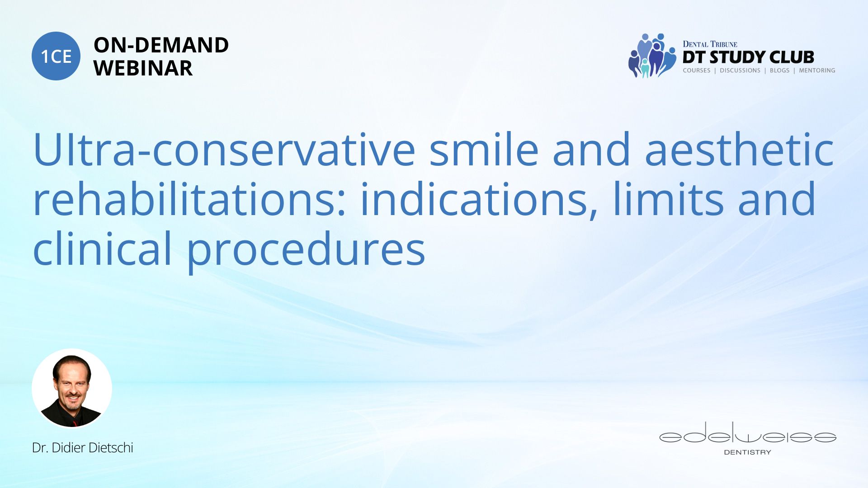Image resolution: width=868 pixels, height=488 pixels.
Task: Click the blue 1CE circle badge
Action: pos(56,56)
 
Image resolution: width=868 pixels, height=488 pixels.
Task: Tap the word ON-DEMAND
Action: pos(161,45)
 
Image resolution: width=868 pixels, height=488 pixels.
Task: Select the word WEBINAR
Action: pos(143,68)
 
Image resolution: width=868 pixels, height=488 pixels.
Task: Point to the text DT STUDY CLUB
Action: pos(748,57)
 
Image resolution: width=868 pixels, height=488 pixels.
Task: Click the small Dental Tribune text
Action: pos(710,44)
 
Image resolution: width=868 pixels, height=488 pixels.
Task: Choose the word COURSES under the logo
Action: pos(697,70)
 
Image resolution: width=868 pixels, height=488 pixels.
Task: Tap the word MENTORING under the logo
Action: pos(817,70)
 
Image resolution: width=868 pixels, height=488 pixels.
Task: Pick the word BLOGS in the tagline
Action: pos(779,70)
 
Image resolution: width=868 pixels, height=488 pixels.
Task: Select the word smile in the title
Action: pos(484,150)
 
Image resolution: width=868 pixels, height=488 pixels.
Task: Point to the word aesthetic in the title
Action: pos(739,150)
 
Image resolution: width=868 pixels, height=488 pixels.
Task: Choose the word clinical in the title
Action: pos(103,248)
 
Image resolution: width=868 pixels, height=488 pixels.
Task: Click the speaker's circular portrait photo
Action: pos(72,388)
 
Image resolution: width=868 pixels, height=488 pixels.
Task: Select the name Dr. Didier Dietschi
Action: pos(83,447)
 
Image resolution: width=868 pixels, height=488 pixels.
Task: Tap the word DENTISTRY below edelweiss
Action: pos(748,452)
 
